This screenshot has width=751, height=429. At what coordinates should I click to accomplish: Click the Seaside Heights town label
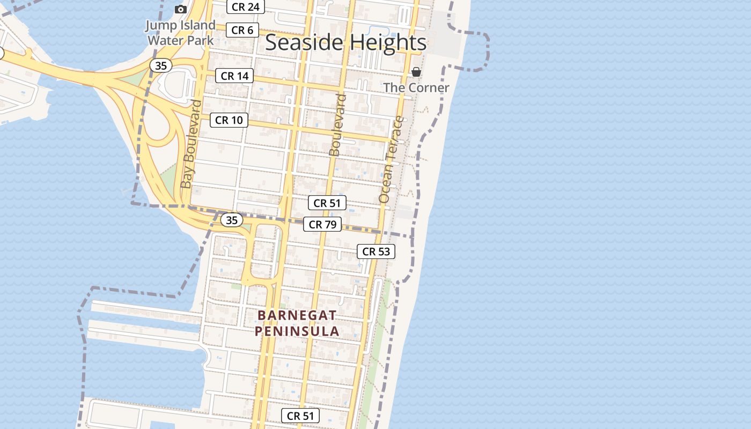[x=346, y=42]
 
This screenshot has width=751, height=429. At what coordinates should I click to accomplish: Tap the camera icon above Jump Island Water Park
[x=181, y=9]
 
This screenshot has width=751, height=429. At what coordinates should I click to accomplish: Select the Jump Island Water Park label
[x=181, y=33]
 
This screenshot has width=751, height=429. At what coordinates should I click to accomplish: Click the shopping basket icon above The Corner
[x=416, y=72]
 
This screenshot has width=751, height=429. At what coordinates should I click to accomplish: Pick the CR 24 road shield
[x=246, y=7]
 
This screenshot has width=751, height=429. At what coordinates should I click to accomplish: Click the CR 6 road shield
[x=243, y=30]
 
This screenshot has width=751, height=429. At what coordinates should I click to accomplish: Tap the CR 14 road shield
[x=234, y=76]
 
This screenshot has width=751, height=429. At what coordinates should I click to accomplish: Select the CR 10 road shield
[x=229, y=120]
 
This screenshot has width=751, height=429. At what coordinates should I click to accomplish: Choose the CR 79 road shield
[x=322, y=225]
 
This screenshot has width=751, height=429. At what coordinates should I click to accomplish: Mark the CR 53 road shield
[x=376, y=252]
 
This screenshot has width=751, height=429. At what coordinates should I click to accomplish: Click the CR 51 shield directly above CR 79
[x=327, y=203]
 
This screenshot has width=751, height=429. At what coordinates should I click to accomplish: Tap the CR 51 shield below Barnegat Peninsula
[x=300, y=416]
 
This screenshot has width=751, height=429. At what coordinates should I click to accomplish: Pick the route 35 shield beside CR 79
[x=232, y=220]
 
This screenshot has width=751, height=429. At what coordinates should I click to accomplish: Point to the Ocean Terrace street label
[x=391, y=159]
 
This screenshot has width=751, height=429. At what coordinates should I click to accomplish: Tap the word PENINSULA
[x=297, y=331]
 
